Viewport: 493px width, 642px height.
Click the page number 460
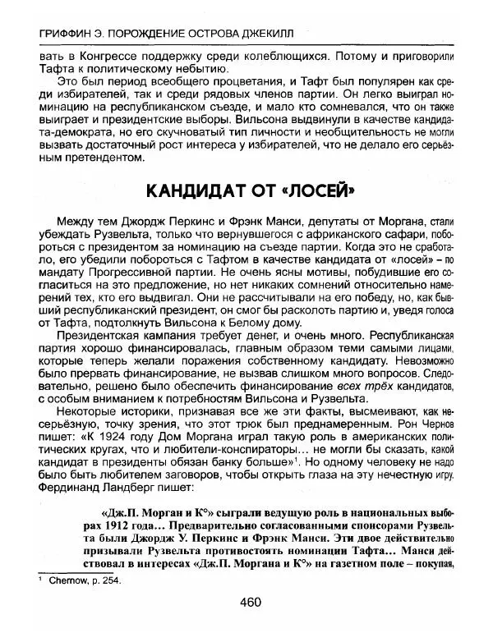point(250,603)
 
